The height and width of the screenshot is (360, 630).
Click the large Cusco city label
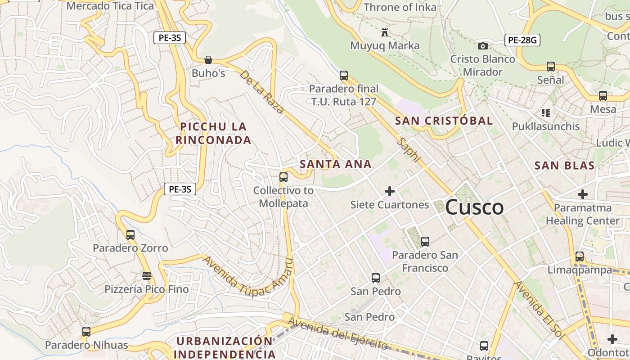tap(474, 207)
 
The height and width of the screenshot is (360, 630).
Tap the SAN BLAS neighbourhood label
tap(564, 166)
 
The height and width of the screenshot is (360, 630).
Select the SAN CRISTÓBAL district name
tap(444, 121)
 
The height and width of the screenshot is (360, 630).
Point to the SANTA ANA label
tap(336, 164)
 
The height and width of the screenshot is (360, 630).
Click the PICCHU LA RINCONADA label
tap(213, 133)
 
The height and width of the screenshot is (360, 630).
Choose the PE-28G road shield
tap(522, 40)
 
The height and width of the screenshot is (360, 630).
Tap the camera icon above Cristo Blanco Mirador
tap(482, 46)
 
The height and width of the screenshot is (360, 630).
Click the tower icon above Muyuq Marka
tap(384, 32)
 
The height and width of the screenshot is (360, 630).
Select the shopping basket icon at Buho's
tap(208, 60)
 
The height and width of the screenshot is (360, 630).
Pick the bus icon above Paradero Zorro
tap(130, 234)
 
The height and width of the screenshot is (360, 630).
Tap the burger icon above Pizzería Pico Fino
tap(146, 275)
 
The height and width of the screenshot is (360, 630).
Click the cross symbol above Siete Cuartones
tap(390, 192)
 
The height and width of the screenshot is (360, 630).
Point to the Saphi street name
tap(409, 150)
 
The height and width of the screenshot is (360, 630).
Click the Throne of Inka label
tap(400, 7)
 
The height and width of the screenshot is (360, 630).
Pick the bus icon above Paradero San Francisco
tap(425, 242)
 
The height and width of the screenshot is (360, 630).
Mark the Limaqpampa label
tap(580, 270)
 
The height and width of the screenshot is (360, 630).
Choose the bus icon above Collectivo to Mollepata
tap(283, 177)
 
